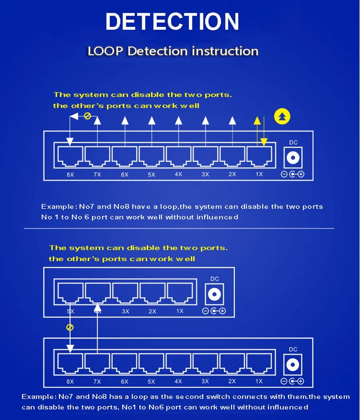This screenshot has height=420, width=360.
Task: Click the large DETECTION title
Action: tap(172, 22)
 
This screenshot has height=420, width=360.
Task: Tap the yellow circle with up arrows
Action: tap(282, 117)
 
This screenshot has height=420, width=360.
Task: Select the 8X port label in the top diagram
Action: tap(70, 175)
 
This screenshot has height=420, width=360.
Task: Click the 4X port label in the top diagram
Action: tap(178, 174)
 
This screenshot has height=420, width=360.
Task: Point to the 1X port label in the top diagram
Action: tap(259, 174)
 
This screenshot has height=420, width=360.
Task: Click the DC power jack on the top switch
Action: tap(293, 157)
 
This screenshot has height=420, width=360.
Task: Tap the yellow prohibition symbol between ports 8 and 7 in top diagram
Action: tap(88, 116)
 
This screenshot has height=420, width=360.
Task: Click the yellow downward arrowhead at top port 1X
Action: tap(264, 142)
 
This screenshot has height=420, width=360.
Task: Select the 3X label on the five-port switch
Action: tap(126, 311)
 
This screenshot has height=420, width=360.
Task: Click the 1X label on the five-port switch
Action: tap(180, 311)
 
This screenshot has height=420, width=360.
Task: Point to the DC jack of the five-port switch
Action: tap(214, 294)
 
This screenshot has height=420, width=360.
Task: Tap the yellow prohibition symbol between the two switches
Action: tap(70, 328)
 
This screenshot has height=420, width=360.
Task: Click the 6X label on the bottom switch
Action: tap(124, 382)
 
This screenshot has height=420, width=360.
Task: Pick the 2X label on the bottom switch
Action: tap(232, 381)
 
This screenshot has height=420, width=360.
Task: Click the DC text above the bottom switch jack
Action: tap(293, 349)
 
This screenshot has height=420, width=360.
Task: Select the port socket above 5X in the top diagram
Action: tap(152, 157)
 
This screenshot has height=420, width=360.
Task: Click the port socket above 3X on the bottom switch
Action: tap(205, 363)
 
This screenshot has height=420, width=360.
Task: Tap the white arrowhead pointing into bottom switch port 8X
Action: tap(70, 349)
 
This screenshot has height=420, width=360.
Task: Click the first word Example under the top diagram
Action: tap(57, 207)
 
